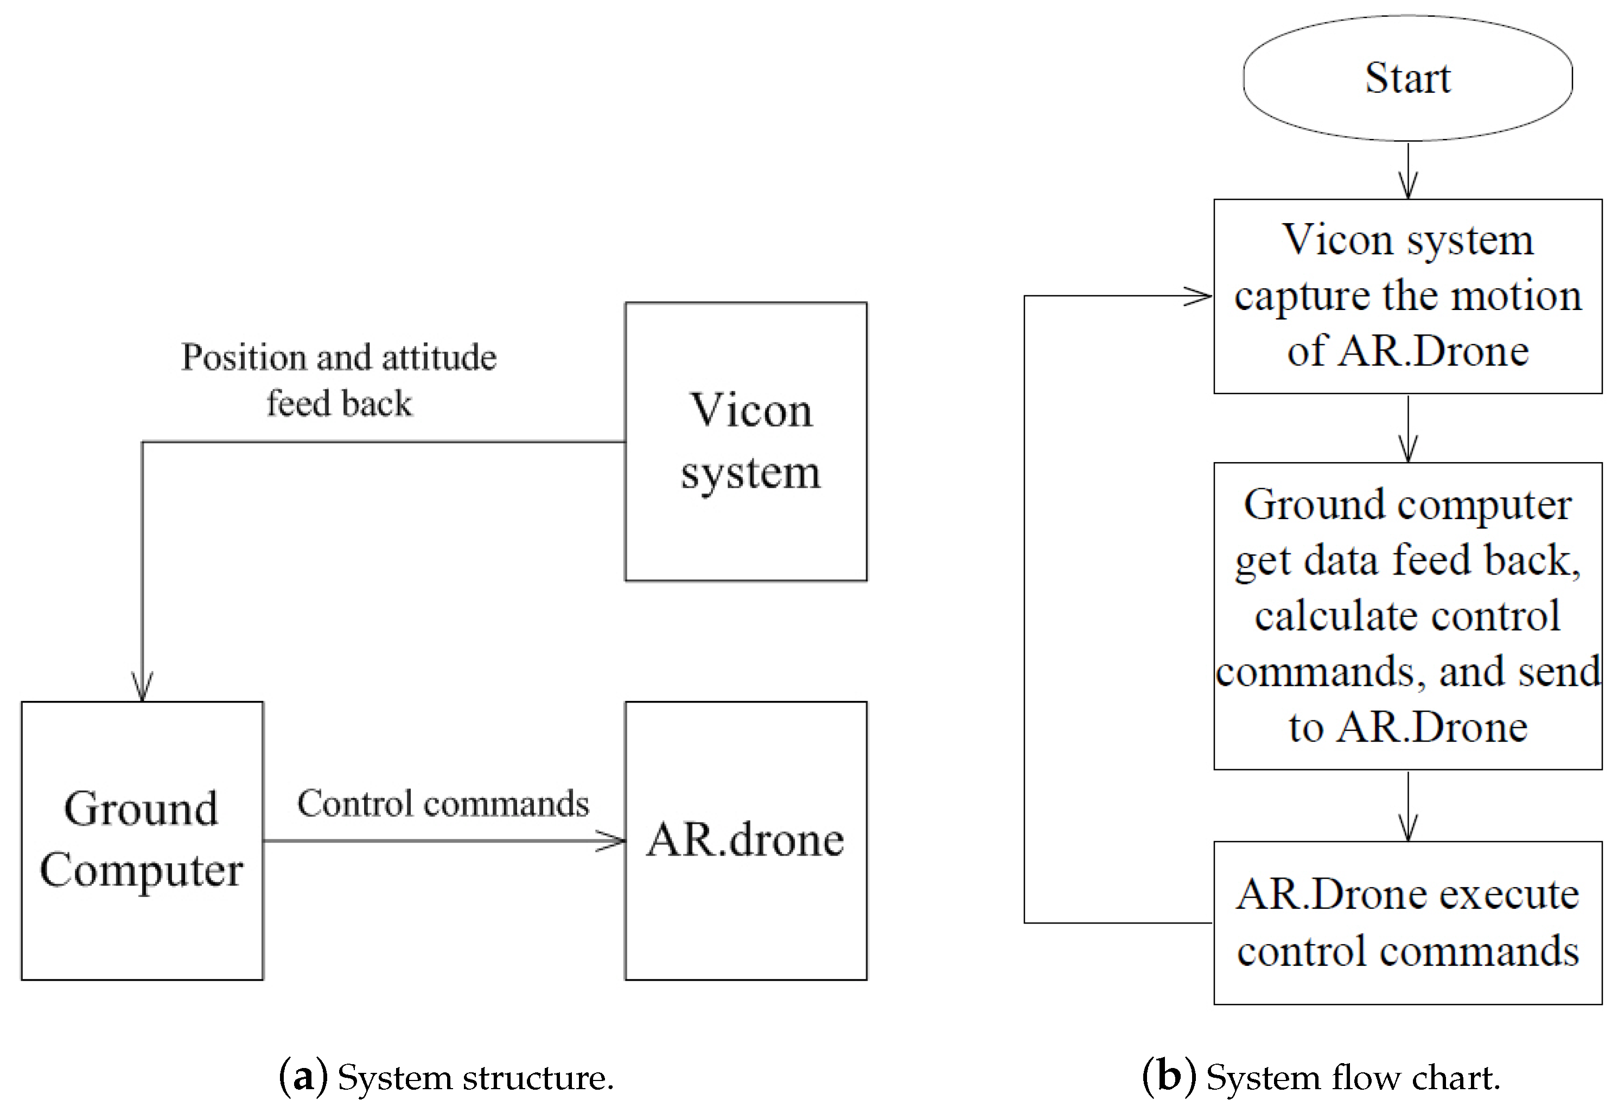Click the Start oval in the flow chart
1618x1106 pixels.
tap(1407, 78)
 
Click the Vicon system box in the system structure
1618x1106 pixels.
tap(746, 441)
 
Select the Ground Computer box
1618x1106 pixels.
tap(142, 840)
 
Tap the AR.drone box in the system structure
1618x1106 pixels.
tap(746, 840)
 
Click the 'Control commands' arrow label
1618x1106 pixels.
tap(443, 804)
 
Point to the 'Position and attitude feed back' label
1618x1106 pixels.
tap(339, 380)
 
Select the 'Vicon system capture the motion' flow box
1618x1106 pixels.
tap(1407, 296)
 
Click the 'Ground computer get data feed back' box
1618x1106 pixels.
tap(1407, 616)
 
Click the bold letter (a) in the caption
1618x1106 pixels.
tap(303, 1077)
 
